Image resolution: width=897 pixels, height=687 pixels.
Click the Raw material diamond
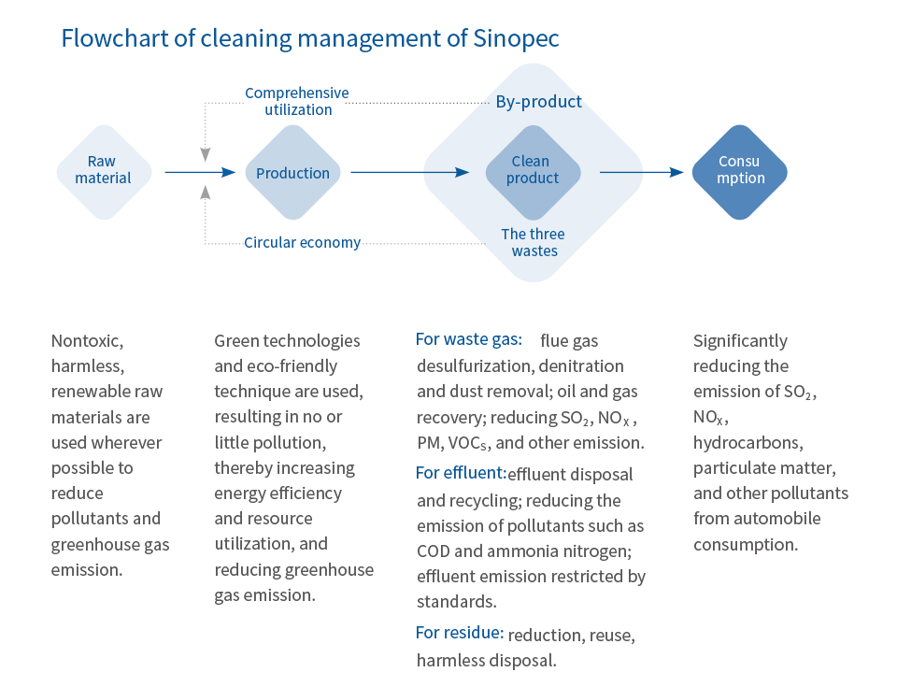(104, 172)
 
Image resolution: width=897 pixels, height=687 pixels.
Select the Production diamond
(292, 172)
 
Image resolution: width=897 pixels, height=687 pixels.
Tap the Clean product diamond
(534, 172)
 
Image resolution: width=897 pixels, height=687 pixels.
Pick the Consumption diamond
(740, 172)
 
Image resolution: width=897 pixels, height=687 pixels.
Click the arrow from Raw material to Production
(200, 172)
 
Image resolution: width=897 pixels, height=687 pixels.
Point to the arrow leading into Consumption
(641, 172)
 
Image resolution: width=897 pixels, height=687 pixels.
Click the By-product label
(538, 101)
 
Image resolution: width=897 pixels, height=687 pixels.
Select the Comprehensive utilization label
(297, 101)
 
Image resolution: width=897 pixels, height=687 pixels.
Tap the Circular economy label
(302, 243)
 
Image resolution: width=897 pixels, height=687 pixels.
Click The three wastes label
(534, 242)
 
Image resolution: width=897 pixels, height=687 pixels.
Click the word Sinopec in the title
(516, 39)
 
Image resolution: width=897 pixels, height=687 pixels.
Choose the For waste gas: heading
(468, 339)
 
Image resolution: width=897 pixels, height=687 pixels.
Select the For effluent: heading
(461, 473)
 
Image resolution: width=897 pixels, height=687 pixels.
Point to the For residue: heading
(460, 632)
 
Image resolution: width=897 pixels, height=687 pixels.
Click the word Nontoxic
(87, 341)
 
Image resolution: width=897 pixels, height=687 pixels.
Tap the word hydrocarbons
(748, 443)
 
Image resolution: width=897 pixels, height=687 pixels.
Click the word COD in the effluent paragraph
(434, 551)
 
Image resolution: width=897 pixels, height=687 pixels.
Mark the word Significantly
(740, 342)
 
